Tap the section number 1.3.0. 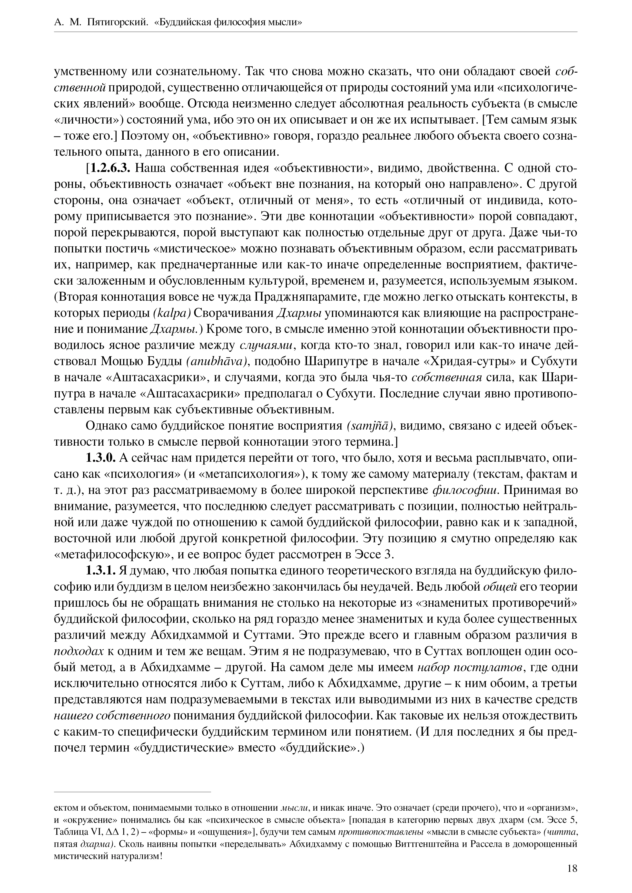pos(101,458)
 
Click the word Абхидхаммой pos(190,635)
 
